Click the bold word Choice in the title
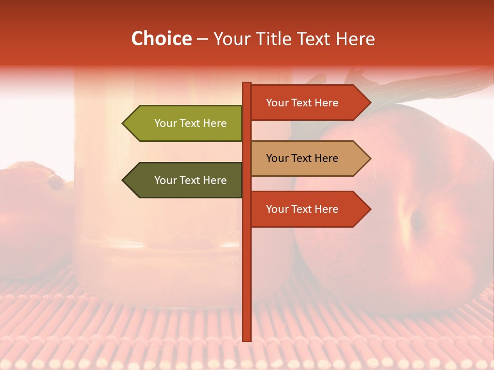[x=161, y=39]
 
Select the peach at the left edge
[x=26, y=216]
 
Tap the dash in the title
[x=202, y=39]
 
